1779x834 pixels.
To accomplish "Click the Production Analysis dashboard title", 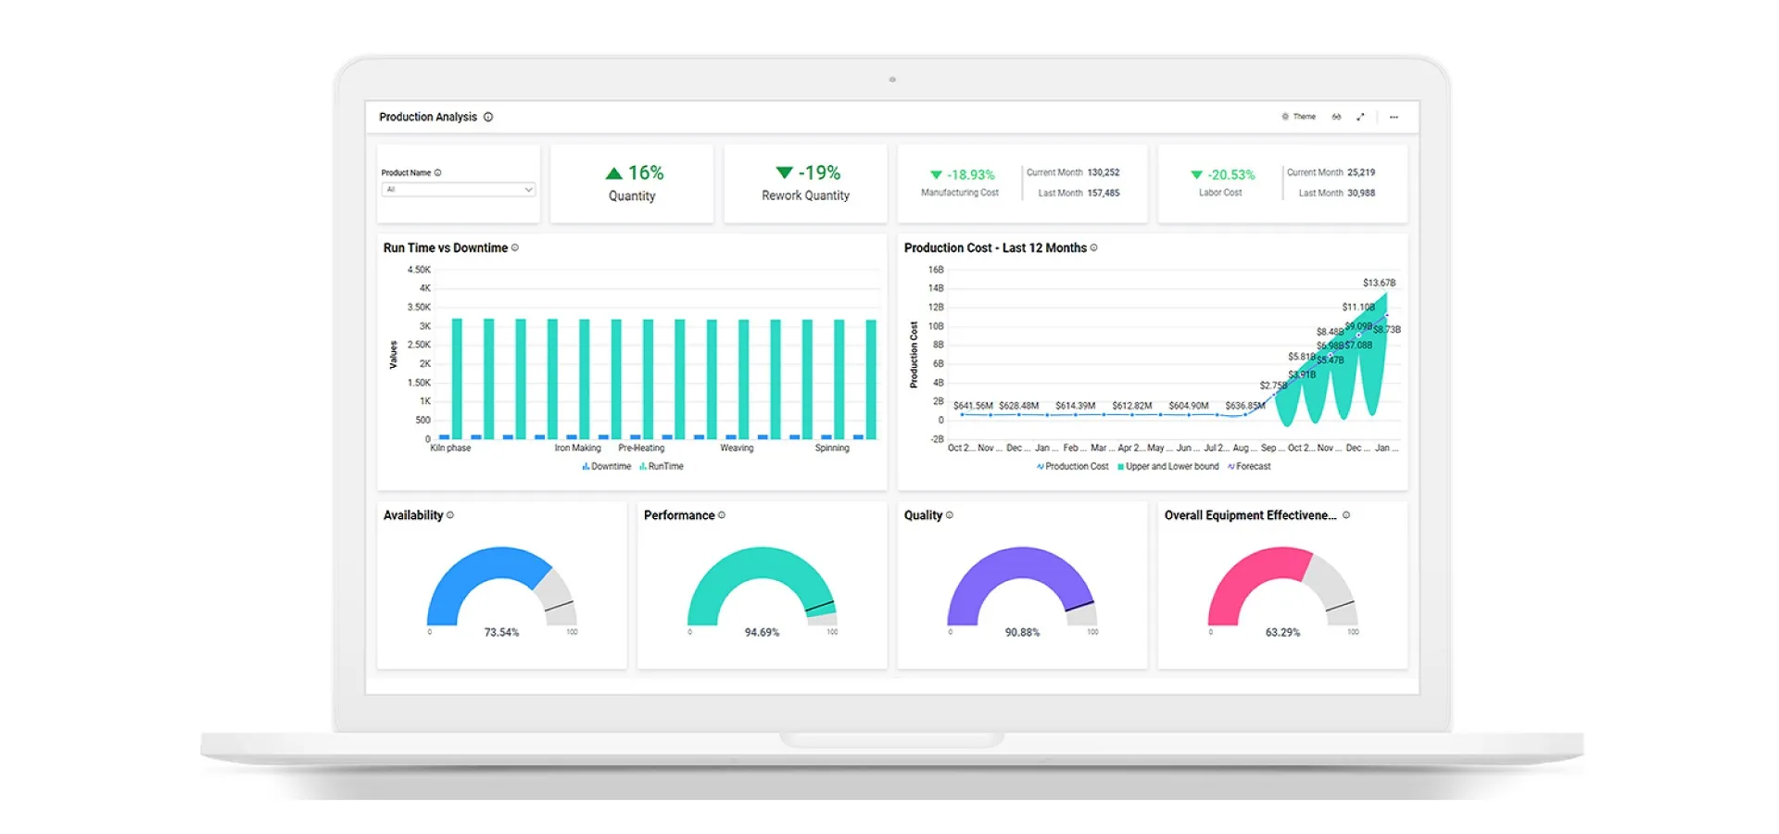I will pyautogui.click(x=428, y=117).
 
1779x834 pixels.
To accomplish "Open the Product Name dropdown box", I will pyautogui.click(x=459, y=189).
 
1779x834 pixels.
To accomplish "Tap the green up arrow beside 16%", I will pyautogui.click(x=613, y=173).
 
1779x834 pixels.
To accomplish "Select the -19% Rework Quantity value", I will pyautogui.click(x=819, y=173).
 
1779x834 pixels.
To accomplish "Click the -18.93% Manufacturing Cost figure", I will pyautogui.click(x=970, y=174).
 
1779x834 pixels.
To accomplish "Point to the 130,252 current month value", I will pyautogui.click(x=1103, y=172).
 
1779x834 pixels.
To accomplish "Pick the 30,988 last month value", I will pyautogui.click(x=1360, y=193).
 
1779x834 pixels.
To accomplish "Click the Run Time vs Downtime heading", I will pyautogui.click(x=446, y=247).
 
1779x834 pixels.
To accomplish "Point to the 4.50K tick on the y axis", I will pyautogui.click(x=419, y=270).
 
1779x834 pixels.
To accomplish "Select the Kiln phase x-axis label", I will pyautogui.click(x=450, y=448).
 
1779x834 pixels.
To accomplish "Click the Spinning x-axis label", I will pyautogui.click(x=832, y=448).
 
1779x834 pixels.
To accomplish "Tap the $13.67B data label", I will pyautogui.click(x=1379, y=283).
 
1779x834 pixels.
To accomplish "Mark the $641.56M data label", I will pyautogui.click(x=973, y=406).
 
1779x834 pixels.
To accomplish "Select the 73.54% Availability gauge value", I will pyautogui.click(x=501, y=632).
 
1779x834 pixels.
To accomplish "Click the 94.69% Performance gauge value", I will pyautogui.click(x=762, y=632).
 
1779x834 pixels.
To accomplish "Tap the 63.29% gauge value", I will pyautogui.click(x=1282, y=632).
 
